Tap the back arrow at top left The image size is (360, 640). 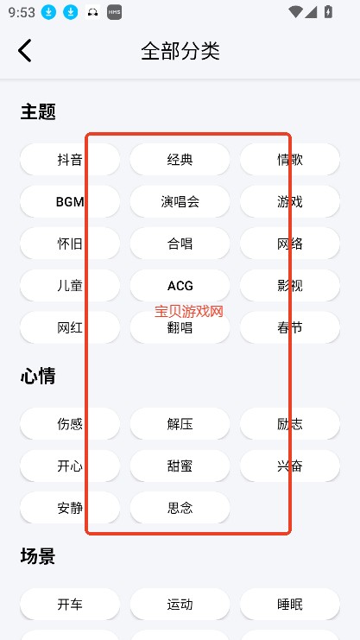coord(24,51)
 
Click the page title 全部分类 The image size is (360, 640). coord(180,51)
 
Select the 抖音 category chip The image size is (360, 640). coord(70,159)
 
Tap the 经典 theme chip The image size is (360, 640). coord(180,159)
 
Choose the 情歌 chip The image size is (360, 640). coord(290,159)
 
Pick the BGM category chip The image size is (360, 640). coord(70,201)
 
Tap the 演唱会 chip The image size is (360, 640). coord(180,201)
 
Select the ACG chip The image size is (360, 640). coord(180,285)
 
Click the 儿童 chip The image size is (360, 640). coord(70,285)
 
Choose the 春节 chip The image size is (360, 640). coord(290,327)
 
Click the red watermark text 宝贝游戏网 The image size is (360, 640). coord(189,312)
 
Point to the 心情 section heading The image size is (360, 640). coord(38,376)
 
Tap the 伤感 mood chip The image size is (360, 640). coord(70,424)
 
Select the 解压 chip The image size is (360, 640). coord(180,424)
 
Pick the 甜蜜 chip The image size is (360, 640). coord(180,466)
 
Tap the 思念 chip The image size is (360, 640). coord(180,508)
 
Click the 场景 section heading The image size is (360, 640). coord(38,556)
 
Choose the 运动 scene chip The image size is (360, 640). coord(180,604)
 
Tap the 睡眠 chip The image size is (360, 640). coord(290,604)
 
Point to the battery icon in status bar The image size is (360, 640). coord(328,12)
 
